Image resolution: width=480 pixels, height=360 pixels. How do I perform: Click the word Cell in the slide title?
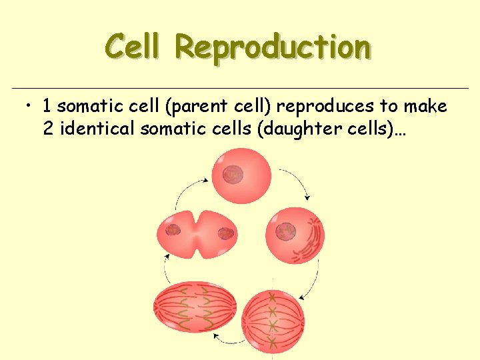[133, 47]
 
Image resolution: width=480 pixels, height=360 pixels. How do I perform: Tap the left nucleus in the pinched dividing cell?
[173, 231]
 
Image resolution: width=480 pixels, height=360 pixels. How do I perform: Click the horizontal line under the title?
[240, 88]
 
